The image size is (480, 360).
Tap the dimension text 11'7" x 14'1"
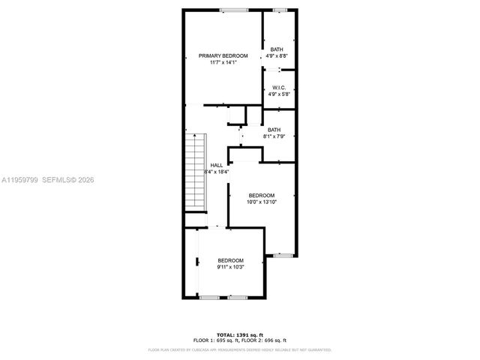click(x=223, y=63)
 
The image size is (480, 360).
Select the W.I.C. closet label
click(x=278, y=87)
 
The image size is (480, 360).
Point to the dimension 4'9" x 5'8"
click(x=278, y=94)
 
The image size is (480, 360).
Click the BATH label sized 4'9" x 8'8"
click(x=277, y=49)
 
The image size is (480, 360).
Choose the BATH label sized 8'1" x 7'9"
click(x=274, y=129)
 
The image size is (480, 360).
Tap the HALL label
click(x=216, y=165)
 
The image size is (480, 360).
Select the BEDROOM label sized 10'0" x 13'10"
click(x=262, y=195)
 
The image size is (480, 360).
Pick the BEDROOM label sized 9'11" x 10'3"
click(x=230, y=260)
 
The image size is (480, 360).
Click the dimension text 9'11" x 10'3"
click(x=230, y=268)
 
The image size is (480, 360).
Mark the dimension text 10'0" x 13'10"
click(x=262, y=202)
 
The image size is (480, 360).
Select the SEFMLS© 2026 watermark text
click(x=66, y=180)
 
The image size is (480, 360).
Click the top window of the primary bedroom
click(x=234, y=9)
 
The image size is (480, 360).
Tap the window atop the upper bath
click(x=280, y=9)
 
